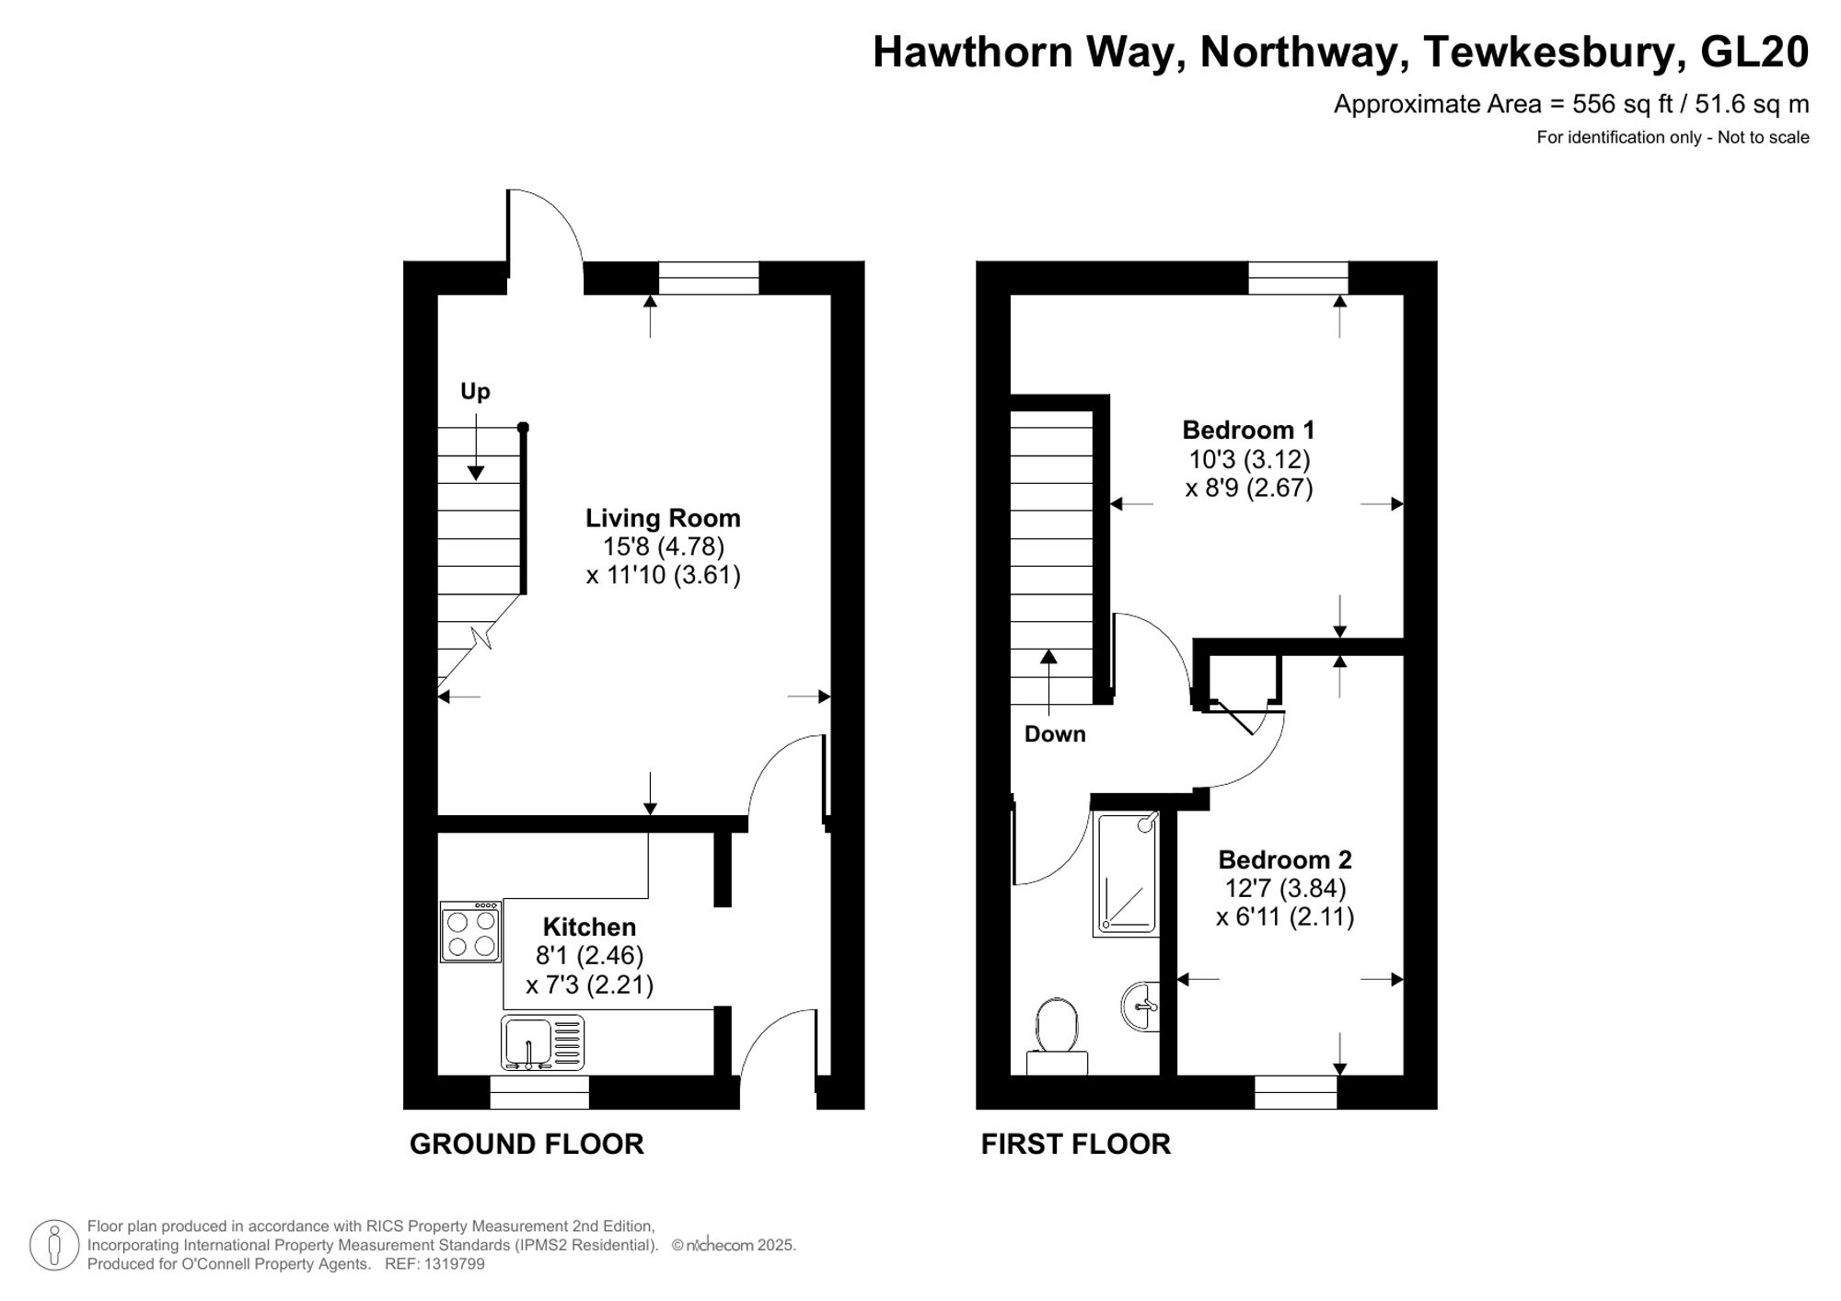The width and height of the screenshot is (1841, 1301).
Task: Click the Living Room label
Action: pos(663,518)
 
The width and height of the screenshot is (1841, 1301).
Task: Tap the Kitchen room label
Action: pos(589,927)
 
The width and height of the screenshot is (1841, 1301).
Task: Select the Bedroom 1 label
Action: pos(1248,430)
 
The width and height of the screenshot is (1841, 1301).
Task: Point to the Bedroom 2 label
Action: pos(1284,859)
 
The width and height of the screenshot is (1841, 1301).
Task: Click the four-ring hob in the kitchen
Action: pos(471,932)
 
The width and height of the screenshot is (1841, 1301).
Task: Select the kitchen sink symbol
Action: pos(542,1042)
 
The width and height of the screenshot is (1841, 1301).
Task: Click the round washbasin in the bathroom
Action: pos(1141,1006)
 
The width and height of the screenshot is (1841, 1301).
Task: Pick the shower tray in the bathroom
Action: pos(1126,874)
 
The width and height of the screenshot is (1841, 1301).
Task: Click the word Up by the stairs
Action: pos(475,392)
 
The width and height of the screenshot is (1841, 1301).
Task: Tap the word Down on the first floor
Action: pos(1055,734)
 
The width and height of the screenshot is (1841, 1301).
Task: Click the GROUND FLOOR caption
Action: pos(527,1144)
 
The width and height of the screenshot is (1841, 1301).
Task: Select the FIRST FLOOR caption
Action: pos(1075,1144)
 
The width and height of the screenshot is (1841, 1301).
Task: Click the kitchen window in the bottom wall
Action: pos(539,1092)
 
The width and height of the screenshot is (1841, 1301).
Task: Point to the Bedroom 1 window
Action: pos(1298,278)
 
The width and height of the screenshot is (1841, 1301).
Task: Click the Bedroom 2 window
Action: pos(1295,1092)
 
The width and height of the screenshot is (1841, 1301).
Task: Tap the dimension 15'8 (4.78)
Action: pos(663,547)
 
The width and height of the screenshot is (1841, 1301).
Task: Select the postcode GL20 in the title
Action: pos(1754,52)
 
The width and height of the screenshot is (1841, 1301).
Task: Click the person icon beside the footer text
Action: pos(53,1245)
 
